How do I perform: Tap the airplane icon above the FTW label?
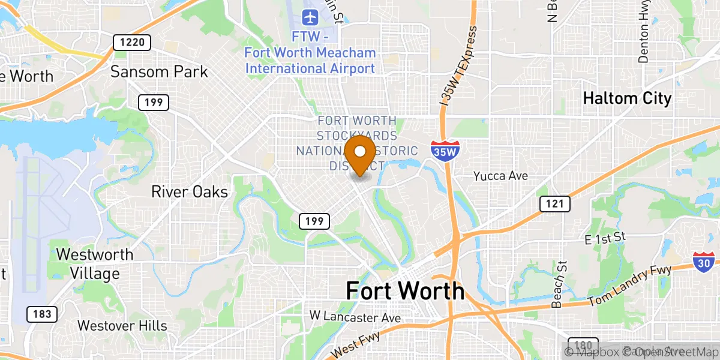pyautogui.click(x=310, y=17)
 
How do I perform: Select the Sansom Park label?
pyautogui.click(x=159, y=72)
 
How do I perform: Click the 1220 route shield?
pyautogui.click(x=131, y=42)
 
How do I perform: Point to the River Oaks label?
pyautogui.click(x=189, y=192)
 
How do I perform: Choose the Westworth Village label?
pyautogui.click(x=95, y=264)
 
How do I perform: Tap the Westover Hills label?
pyautogui.click(x=122, y=326)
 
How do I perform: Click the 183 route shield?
pyautogui.click(x=42, y=313)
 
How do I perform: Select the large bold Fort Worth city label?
pyautogui.click(x=405, y=291)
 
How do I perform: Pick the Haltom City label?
pyautogui.click(x=627, y=98)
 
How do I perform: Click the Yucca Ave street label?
pyautogui.click(x=500, y=176)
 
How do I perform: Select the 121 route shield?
pyautogui.click(x=555, y=203)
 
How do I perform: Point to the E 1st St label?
pyautogui.click(x=605, y=238)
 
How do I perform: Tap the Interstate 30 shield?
pyautogui.click(x=703, y=262)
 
